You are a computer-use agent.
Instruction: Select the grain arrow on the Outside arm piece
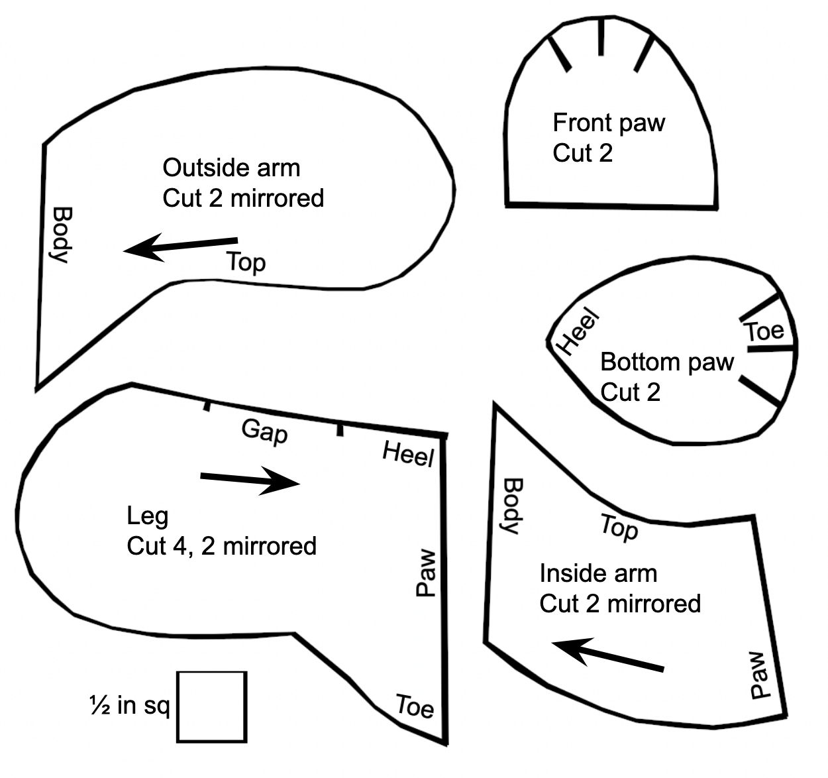181,247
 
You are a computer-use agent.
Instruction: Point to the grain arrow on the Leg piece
250,480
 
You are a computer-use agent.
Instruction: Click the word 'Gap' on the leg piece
265,432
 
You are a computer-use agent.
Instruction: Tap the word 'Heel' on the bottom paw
579,331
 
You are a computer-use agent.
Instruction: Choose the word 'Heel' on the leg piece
409,454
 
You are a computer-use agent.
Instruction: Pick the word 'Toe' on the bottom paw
764,331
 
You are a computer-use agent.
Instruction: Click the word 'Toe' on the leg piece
415,706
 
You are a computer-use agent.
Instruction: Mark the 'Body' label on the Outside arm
62,235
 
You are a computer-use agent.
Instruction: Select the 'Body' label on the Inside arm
513,506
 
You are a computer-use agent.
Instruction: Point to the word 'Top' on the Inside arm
619,529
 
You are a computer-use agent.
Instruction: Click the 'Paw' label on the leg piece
426,573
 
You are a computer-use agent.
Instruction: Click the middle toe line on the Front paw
601,36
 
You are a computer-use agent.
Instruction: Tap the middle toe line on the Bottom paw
770,348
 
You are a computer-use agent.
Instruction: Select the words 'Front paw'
609,123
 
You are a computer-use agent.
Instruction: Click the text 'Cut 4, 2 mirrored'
222,546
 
